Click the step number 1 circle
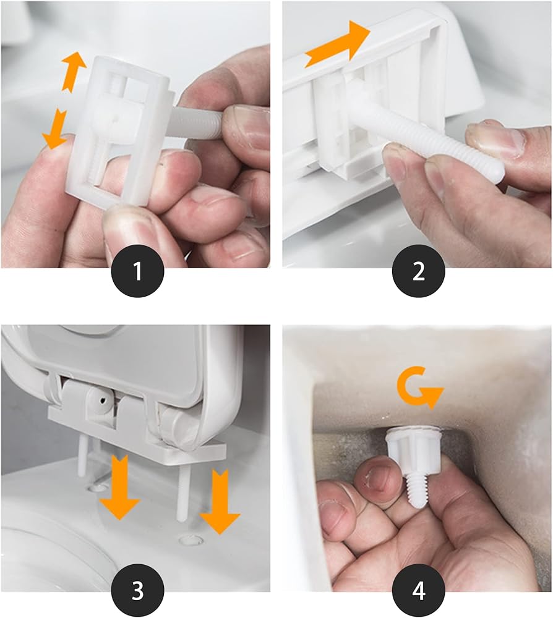[x=138, y=271]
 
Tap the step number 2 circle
[x=419, y=271]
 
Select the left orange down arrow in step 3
[x=120, y=486]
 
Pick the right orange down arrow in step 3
[x=220, y=501]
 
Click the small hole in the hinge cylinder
[x=103, y=401]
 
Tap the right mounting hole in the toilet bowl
[x=191, y=539]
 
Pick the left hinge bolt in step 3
[x=82, y=456]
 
